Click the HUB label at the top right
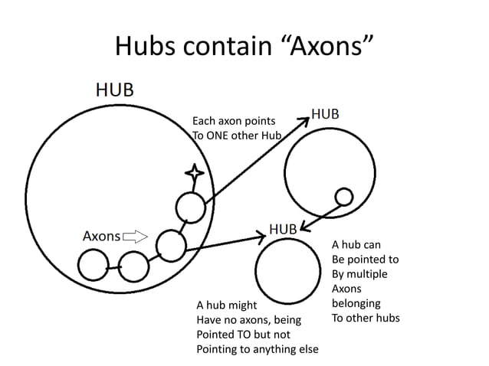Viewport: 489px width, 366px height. [325, 113]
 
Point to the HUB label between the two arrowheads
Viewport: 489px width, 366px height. [283, 228]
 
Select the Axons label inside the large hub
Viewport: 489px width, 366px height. [101, 236]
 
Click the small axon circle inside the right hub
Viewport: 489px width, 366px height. [344, 197]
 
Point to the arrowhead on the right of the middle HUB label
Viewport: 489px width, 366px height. [304, 226]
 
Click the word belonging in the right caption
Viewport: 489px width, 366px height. [356, 303]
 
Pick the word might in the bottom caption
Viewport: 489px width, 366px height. [231, 306]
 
